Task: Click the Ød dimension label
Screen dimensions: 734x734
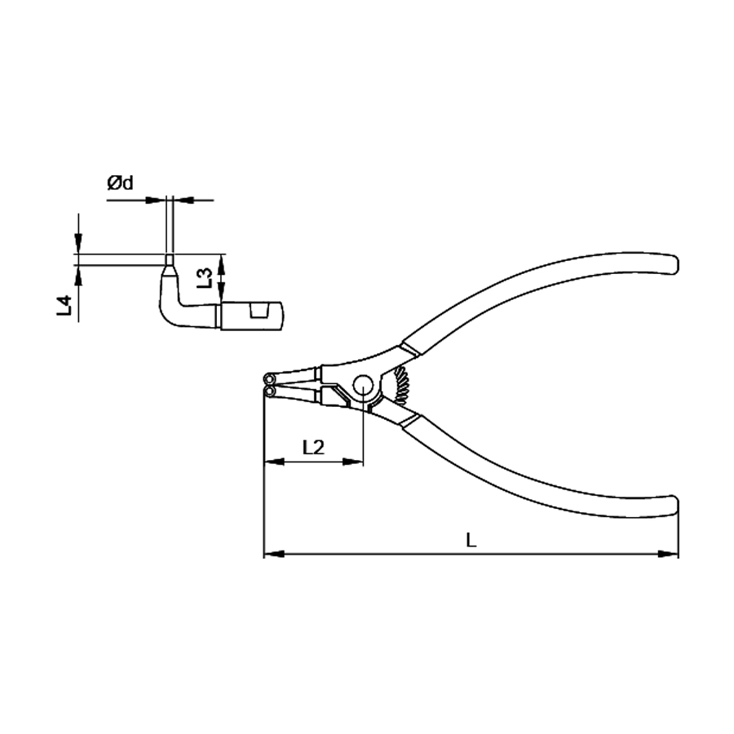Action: click(120, 183)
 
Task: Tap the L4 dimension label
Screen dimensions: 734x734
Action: click(64, 305)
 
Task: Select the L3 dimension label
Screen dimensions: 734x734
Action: click(205, 278)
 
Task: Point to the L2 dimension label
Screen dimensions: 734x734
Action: click(313, 448)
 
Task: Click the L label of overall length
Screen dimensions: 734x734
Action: click(471, 540)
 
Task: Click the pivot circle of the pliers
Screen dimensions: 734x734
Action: click(363, 385)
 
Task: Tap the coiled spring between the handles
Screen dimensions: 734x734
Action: click(402, 385)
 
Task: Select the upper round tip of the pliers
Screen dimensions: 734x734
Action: click(270, 378)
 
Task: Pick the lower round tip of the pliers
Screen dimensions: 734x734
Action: click(270, 391)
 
